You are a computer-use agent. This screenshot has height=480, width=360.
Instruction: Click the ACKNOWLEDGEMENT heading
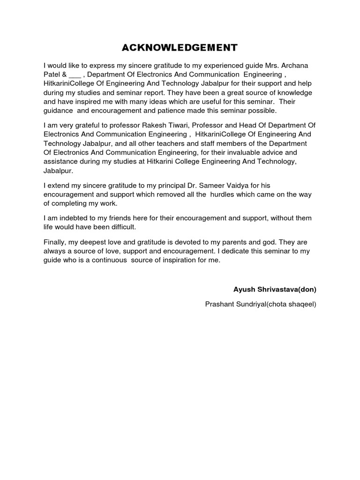click(180, 47)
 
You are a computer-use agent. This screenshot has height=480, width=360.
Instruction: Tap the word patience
click(192, 111)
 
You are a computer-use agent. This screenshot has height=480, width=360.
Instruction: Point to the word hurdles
click(224, 195)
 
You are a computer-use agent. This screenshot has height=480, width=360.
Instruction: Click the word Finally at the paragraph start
click(56, 242)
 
